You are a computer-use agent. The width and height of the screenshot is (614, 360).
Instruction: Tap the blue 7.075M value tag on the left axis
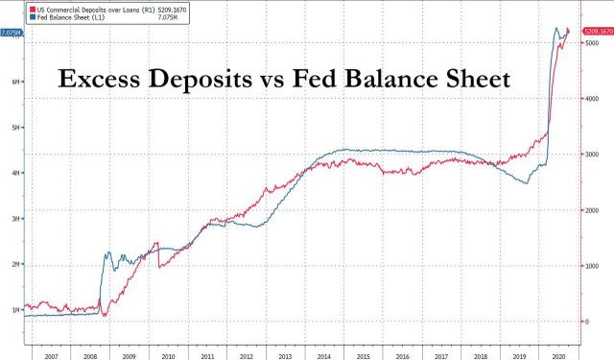[12, 33]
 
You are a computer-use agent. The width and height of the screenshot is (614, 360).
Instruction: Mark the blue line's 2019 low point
[525, 182]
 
